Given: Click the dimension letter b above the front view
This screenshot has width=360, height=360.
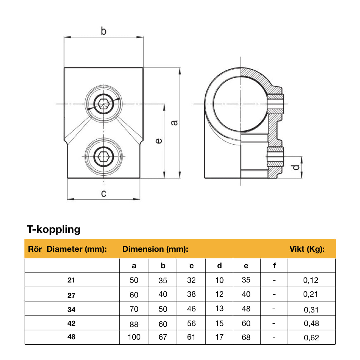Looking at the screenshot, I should click(103, 31).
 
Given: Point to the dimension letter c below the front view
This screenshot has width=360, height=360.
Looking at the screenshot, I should click(104, 194).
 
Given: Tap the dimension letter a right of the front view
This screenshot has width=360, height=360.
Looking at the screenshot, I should click(174, 122).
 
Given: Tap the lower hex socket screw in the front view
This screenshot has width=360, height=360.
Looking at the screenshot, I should click(104, 156).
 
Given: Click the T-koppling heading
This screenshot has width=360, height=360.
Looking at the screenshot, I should click(54, 229).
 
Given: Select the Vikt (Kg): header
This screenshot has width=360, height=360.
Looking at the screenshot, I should click(307, 249).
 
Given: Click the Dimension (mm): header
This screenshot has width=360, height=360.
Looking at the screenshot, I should click(155, 249).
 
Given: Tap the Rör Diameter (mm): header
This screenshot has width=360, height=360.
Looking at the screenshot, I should click(67, 249).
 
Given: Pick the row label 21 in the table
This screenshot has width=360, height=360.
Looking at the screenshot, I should click(71, 280).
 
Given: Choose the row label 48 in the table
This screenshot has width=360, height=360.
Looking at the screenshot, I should click(71, 337).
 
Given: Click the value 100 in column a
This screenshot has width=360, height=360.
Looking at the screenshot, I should click(134, 337).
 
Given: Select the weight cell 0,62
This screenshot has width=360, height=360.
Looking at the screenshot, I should click(311, 337).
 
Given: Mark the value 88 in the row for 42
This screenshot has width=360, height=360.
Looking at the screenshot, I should click(134, 324).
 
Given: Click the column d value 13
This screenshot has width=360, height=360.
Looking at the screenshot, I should click(220, 309).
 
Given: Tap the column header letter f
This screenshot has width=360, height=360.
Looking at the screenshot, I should click(274, 265).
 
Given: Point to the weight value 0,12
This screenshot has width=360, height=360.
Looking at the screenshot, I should click(311, 280).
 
